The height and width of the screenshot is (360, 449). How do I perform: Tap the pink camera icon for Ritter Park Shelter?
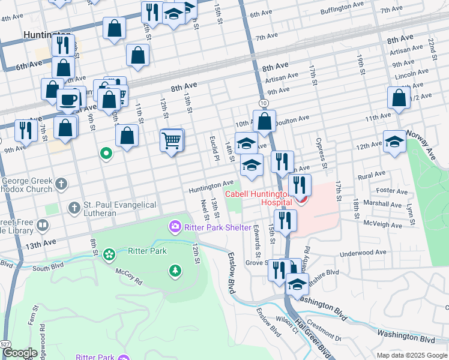(175, 226)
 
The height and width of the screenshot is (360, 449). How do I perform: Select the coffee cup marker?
(68, 99)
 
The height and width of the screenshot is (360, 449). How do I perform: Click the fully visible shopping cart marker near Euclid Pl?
(172, 141)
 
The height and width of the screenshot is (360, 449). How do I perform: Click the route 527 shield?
(5, 344)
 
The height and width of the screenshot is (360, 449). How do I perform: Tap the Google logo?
(20, 353)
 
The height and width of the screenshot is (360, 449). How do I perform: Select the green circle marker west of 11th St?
(106, 154)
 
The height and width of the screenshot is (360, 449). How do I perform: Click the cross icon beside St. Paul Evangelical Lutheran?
(74, 208)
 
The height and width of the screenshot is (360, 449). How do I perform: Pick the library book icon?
(43, 226)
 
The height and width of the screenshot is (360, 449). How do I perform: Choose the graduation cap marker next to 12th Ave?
(394, 142)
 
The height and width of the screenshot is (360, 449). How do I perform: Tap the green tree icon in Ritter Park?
(175, 271)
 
